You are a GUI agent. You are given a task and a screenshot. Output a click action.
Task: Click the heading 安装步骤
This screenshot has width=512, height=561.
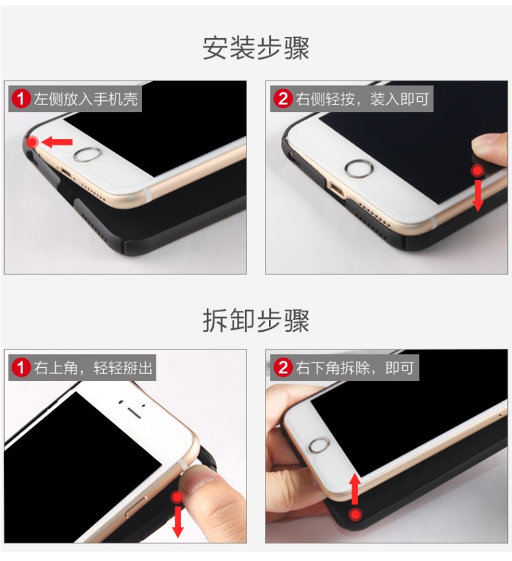pyautogui.click(x=256, y=48)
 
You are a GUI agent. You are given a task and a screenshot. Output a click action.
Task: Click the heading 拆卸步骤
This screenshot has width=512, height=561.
pyautogui.click(x=256, y=320)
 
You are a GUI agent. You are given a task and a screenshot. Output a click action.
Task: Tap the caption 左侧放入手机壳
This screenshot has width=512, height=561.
pyautogui.click(x=86, y=99)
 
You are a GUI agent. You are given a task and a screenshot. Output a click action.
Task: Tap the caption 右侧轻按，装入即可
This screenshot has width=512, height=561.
pyautogui.click(x=362, y=99)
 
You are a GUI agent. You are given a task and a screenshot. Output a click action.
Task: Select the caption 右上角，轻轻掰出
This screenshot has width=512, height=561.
pyautogui.click(x=94, y=367)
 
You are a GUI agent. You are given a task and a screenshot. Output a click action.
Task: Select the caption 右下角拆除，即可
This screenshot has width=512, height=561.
pyautogui.click(x=354, y=367)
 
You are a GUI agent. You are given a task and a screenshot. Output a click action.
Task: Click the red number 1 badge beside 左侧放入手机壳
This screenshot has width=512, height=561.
pyautogui.click(x=21, y=99)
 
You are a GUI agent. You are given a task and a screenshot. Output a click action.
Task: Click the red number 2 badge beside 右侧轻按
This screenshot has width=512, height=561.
pyautogui.click(x=283, y=99)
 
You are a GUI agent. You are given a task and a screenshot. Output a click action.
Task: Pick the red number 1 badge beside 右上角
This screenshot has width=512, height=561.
pyautogui.click(x=21, y=367)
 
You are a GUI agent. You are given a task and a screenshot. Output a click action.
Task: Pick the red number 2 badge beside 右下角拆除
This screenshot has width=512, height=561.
pyautogui.click(x=283, y=367)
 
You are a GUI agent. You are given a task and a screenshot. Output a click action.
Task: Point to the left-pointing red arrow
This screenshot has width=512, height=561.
pyautogui.click(x=57, y=142)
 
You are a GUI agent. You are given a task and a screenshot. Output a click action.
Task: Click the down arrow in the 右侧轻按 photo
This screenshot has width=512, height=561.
pyautogui.click(x=478, y=196)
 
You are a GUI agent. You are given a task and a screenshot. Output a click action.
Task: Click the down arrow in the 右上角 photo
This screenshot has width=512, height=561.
pyautogui.click(x=177, y=522)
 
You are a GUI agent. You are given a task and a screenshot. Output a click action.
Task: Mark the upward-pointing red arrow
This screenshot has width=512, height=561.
pyautogui.click(x=354, y=489)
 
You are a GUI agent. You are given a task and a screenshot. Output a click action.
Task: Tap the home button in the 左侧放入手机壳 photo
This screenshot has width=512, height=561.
pyautogui.click(x=87, y=154)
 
